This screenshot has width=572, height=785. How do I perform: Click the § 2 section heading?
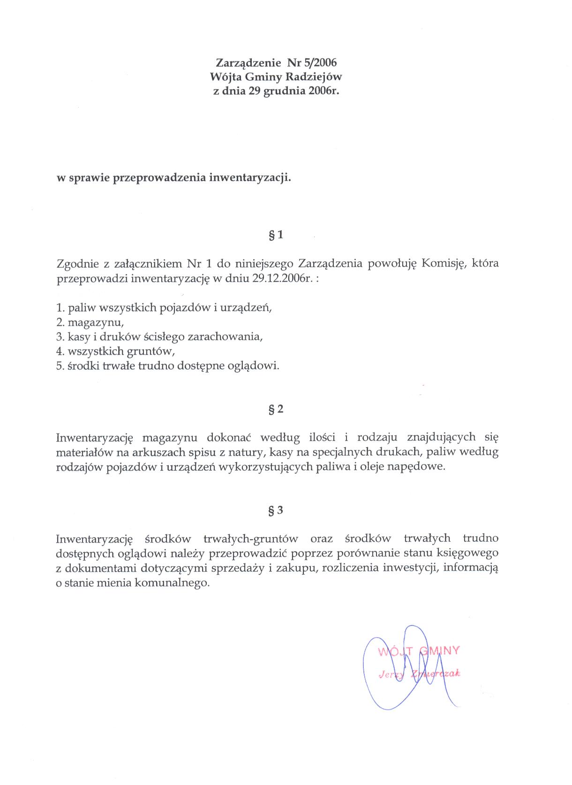(276, 409)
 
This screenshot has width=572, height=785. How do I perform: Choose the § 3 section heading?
(276, 510)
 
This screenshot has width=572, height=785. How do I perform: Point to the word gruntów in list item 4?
(154, 351)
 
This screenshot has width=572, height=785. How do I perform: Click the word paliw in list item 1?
(81, 308)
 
